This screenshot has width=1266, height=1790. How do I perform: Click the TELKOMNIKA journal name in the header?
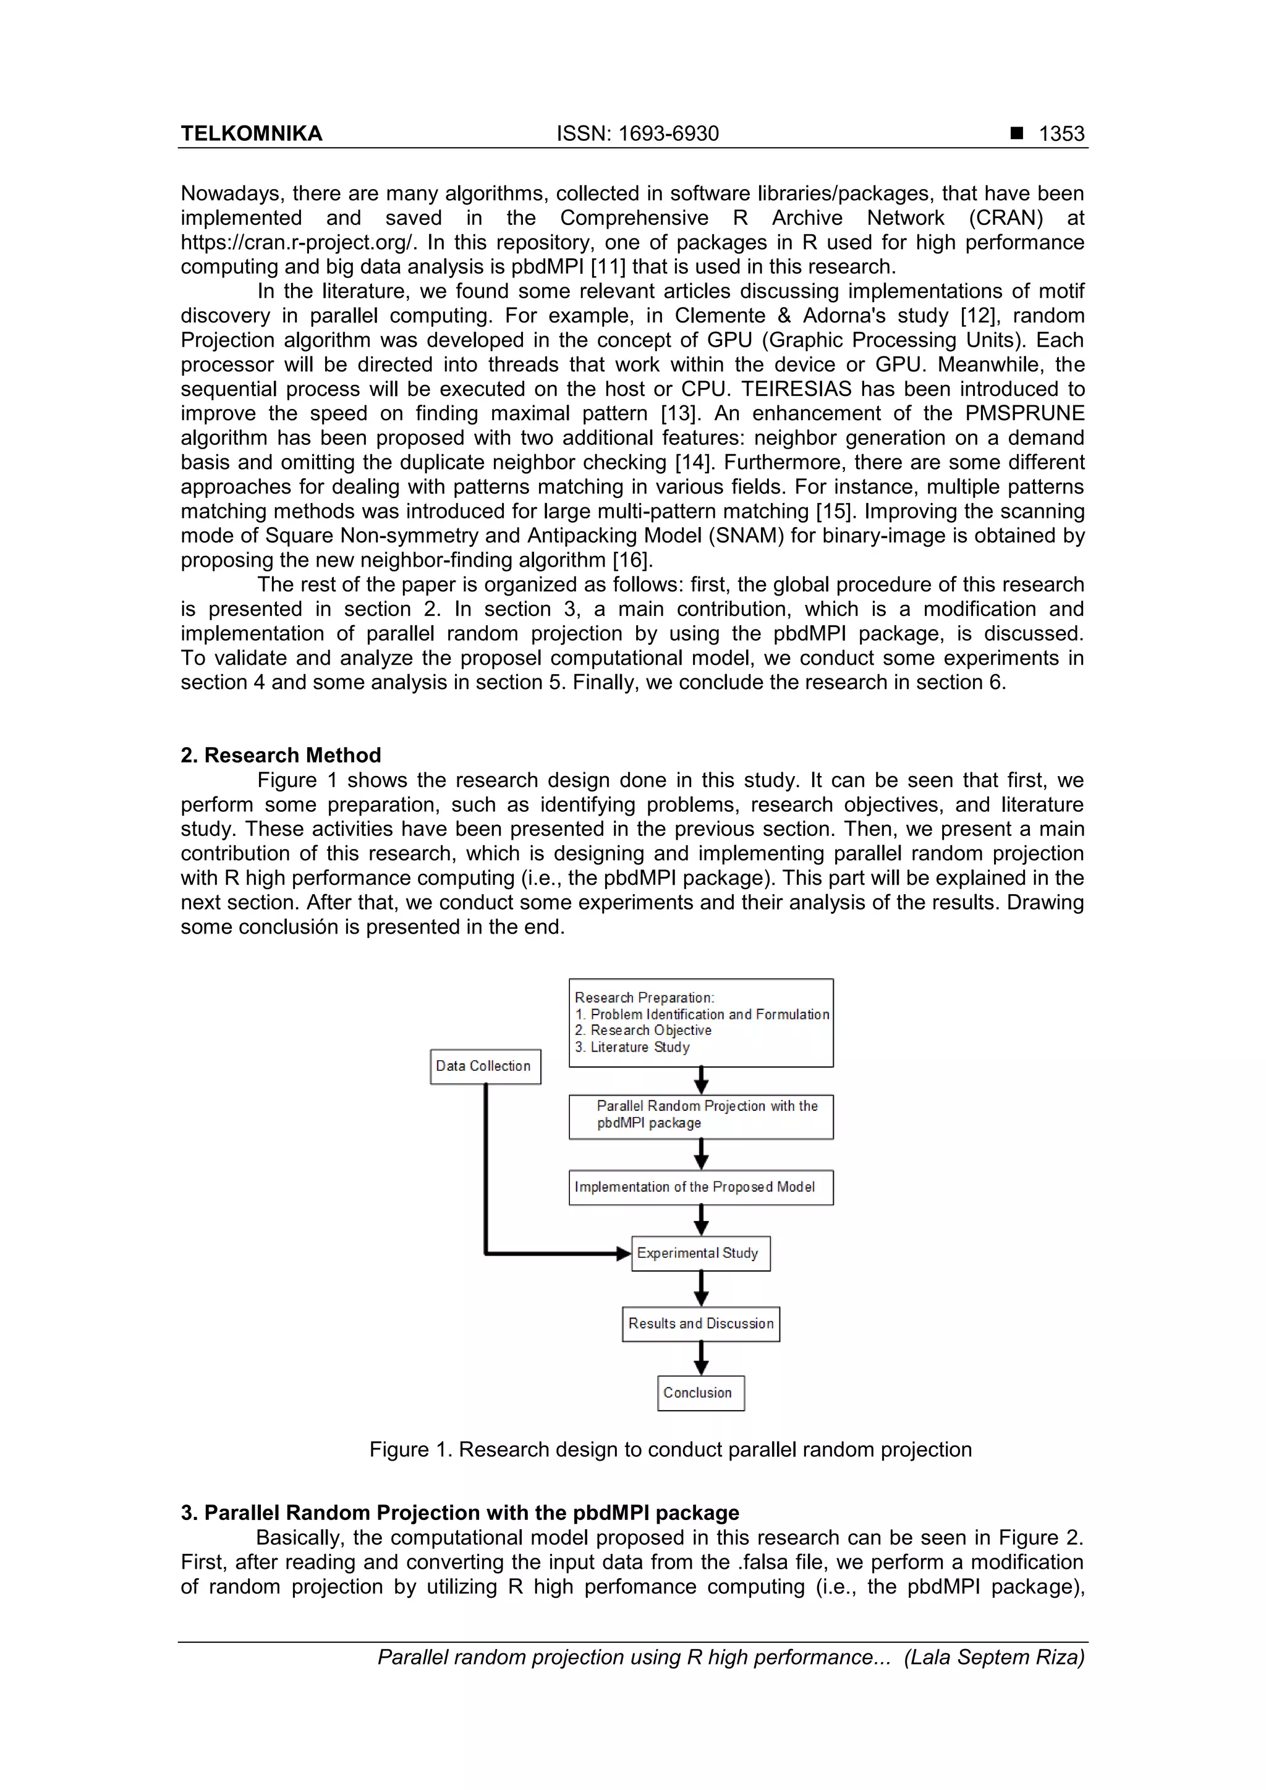251,133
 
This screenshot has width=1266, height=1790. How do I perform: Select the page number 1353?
1061,133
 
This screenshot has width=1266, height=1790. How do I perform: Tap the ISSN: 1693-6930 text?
637,133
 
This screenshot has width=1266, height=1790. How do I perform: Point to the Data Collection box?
485,1066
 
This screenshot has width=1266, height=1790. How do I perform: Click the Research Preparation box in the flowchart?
700,1022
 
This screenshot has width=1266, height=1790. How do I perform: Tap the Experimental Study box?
700,1253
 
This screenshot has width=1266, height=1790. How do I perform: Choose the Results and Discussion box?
700,1323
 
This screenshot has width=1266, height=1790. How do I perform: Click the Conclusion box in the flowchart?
700,1393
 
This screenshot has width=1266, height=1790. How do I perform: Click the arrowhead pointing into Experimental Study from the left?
623,1254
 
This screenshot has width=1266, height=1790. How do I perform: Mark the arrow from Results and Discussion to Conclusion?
701,1358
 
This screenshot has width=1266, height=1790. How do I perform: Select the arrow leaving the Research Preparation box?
701,1081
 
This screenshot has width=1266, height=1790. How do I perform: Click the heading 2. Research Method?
281,754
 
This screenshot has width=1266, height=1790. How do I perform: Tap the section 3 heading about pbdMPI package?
459,1513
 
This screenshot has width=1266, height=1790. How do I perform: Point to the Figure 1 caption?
670,1450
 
